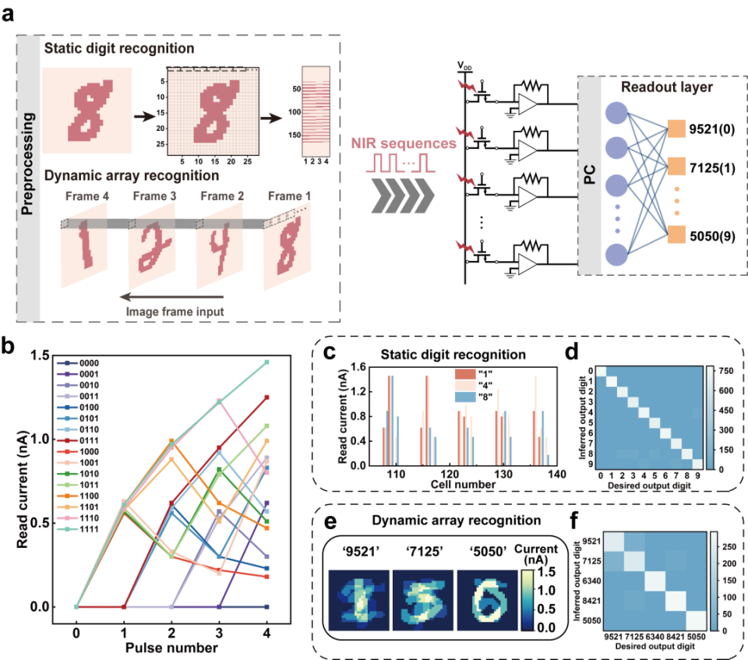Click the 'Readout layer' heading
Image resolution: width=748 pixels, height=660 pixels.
coord(662,88)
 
